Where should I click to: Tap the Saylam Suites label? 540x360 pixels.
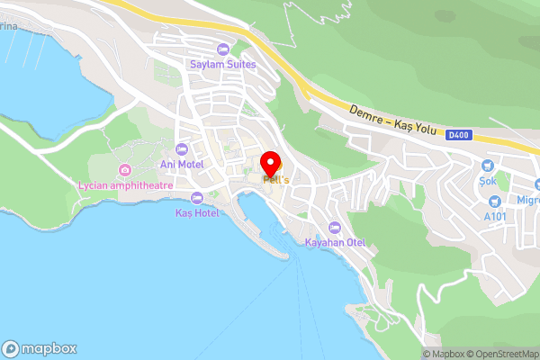coord(222,65)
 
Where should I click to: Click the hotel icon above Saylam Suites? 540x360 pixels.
coord(222,49)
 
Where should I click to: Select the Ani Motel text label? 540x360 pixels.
coord(181,164)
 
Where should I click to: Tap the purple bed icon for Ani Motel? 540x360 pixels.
coord(181,148)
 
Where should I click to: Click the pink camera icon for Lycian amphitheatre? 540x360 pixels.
coord(125,170)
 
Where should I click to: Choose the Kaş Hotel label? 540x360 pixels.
coord(197,213)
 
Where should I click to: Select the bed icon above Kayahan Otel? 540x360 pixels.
coord(334,227)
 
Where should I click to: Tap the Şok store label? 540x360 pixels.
coord(487,181)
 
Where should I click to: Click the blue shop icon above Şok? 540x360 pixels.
coord(487,165)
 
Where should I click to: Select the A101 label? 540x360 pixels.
coord(495,217)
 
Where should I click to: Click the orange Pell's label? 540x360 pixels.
coord(275,180)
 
